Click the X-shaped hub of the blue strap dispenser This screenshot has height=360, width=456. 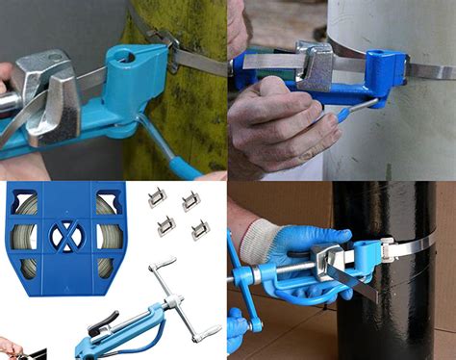(65, 236)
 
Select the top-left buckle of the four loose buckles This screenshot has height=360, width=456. (155, 198)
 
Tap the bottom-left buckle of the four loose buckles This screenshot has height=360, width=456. (165, 225)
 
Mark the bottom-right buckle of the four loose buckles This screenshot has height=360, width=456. (199, 229)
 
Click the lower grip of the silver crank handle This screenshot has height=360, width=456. (205, 333)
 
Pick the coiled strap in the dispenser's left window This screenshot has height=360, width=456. (27, 237)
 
